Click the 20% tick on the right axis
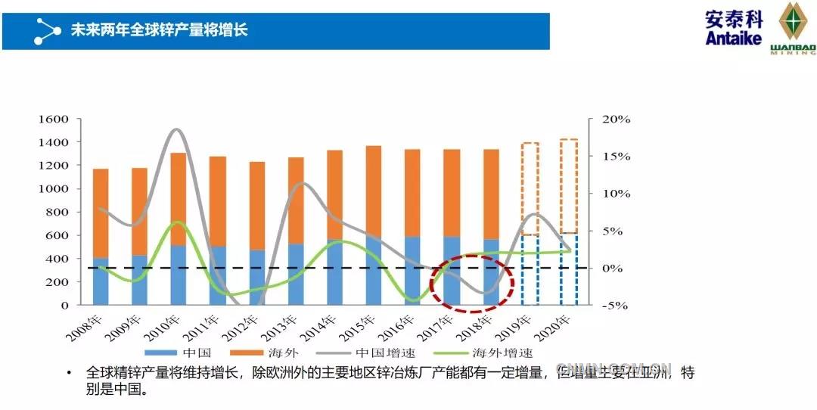pyautogui.click(x=616, y=120)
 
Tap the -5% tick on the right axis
pyautogui.click(x=616, y=306)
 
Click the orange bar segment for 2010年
pyautogui.click(x=179, y=198)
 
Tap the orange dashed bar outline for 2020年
pyautogui.click(x=569, y=185)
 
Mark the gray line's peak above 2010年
pyautogui.click(x=176, y=129)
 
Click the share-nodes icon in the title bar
pyautogui.click(x=47, y=31)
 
